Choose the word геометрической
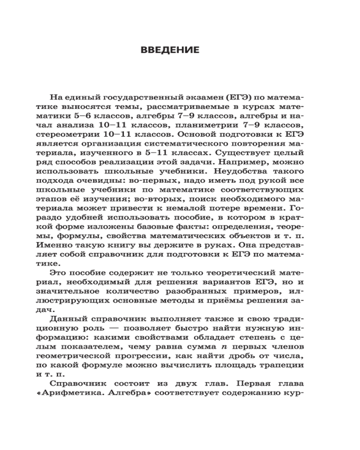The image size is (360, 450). coord(84,355)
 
